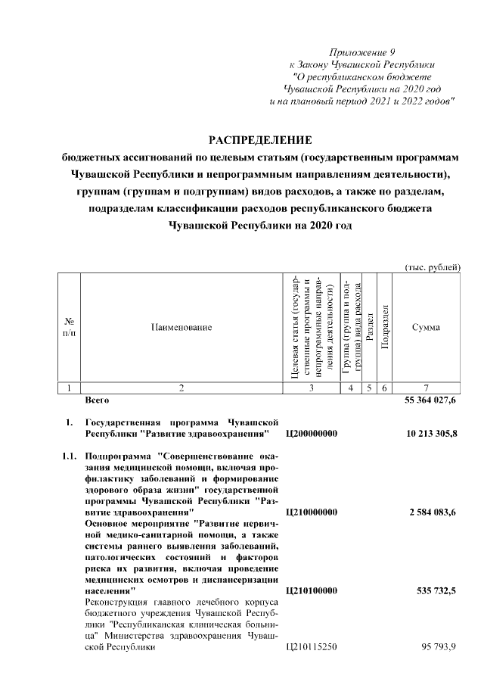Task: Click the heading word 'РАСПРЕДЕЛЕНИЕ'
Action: click(260, 140)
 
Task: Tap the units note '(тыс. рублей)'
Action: click(433, 266)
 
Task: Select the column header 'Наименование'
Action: click(180, 327)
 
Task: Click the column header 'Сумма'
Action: click(426, 327)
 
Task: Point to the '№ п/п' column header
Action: click(69, 327)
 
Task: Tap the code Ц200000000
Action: click(312, 434)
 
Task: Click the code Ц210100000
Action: click(312, 590)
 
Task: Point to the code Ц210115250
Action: click(312, 648)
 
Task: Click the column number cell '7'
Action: click(426, 388)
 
